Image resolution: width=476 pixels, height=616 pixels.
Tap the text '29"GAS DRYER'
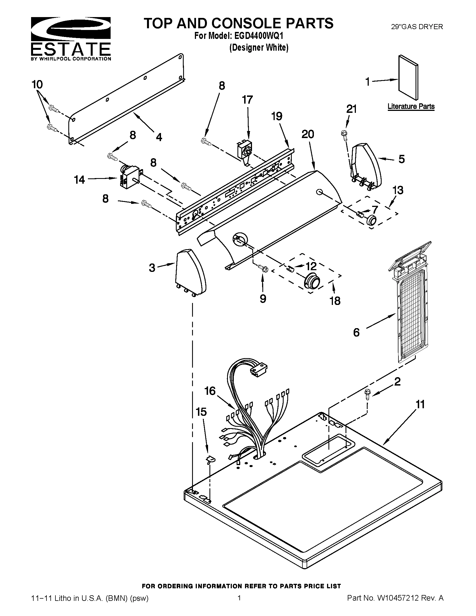point(417,27)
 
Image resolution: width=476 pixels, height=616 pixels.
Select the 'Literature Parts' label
point(411,106)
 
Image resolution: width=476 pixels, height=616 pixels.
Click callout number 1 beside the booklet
point(367,82)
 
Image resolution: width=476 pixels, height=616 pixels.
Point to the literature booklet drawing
point(408,78)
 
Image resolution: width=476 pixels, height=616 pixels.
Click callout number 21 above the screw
point(351,109)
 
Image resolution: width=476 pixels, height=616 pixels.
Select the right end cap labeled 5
point(366,165)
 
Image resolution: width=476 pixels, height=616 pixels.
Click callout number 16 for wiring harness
point(210,391)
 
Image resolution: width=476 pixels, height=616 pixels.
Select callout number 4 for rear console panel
point(159,137)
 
